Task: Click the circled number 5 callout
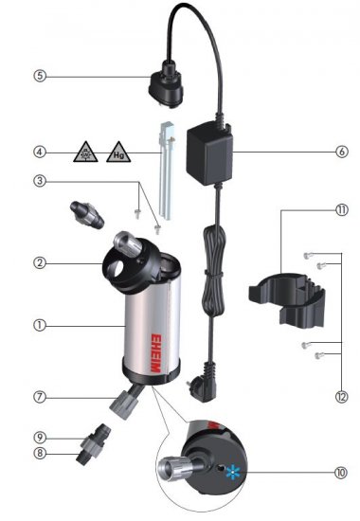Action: tap(40, 76)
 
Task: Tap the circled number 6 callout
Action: tap(342, 152)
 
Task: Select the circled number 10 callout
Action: tap(341, 473)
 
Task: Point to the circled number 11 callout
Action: tap(342, 210)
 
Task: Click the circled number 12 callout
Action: tap(342, 397)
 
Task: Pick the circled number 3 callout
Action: tap(40, 182)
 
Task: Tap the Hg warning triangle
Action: tap(118, 153)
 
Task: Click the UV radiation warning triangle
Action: tap(85, 153)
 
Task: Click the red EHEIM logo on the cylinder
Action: tap(155, 352)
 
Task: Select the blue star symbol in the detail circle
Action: tap(233, 472)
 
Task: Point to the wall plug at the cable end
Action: tap(201, 382)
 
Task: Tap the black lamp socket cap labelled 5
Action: tap(166, 84)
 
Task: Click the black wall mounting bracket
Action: tap(286, 298)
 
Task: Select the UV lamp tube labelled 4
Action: tap(166, 171)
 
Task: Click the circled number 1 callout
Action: tap(40, 325)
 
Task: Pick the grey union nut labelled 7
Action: tap(123, 404)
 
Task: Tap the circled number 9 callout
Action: tap(40, 438)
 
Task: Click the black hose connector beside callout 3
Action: tap(87, 214)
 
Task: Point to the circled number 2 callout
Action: tap(40, 263)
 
